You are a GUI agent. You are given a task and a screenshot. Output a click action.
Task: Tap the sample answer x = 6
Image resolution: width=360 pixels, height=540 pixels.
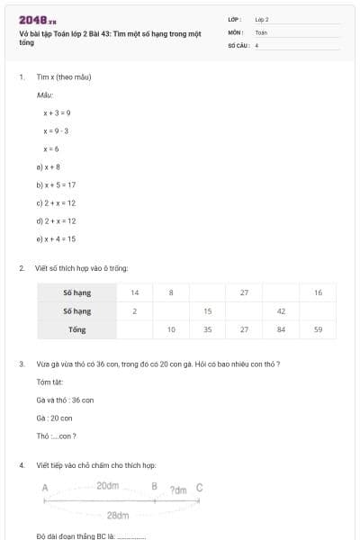[51, 148]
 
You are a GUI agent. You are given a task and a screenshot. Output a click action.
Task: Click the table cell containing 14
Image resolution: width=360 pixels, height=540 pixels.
[134, 292]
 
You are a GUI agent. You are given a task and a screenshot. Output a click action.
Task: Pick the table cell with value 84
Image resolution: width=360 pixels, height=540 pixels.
[281, 329]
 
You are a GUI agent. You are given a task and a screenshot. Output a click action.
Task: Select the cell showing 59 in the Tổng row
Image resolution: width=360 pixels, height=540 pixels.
[318, 329]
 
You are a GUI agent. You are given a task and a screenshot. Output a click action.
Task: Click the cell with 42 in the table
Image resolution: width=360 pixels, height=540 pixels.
[281, 311]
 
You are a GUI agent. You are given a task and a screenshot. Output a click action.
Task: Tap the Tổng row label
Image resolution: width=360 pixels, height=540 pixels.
[77, 329]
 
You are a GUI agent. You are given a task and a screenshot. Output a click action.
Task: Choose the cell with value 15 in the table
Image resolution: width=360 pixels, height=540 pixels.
[208, 311]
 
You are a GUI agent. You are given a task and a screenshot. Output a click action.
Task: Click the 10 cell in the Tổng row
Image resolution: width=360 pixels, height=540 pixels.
[171, 329]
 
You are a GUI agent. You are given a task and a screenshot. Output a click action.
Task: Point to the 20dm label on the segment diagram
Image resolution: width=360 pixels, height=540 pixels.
[108, 486]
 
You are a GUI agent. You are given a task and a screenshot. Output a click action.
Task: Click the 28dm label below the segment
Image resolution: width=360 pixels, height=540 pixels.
[117, 516]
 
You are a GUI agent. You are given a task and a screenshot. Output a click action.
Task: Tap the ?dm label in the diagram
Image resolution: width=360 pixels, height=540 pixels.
[178, 490]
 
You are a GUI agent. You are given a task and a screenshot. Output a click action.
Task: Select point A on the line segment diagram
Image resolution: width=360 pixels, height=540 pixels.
[44, 488]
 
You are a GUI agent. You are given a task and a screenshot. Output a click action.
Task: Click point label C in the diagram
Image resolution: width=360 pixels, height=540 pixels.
[199, 488]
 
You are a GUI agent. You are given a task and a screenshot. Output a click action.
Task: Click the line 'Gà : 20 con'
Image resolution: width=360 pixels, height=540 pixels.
[54, 418]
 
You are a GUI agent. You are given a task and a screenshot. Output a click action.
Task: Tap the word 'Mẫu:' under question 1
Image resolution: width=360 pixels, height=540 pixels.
[45, 94]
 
